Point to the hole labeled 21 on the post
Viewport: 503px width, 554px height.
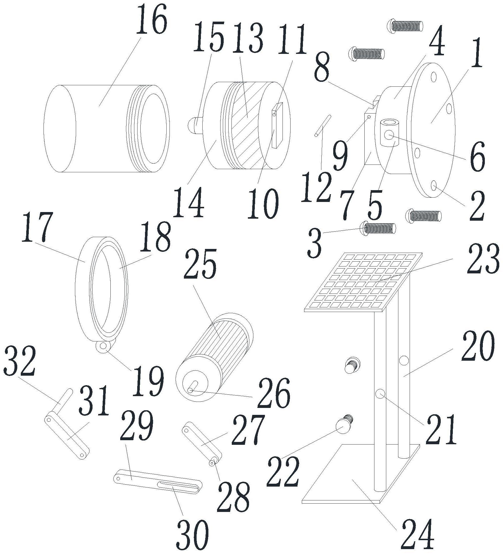tap(380, 394)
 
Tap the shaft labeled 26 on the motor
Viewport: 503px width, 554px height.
tap(192, 387)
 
